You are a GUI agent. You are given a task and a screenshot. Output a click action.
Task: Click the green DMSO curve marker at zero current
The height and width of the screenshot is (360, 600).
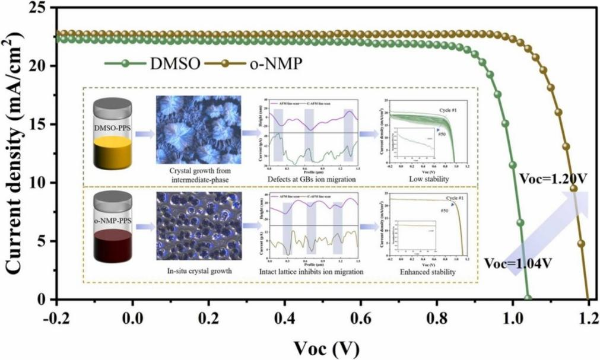tap(528, 299)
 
